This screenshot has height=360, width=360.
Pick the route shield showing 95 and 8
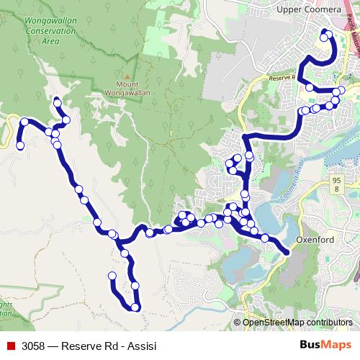tap(336, 184)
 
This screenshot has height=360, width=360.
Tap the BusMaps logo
tap(326, 343)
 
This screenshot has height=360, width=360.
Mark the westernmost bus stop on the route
tap(20, 146)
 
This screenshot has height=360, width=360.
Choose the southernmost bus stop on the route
tap(135, 308)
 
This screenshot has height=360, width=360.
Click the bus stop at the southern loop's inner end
tap(112, 276)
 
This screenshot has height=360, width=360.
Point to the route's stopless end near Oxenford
tap(287, 252)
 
